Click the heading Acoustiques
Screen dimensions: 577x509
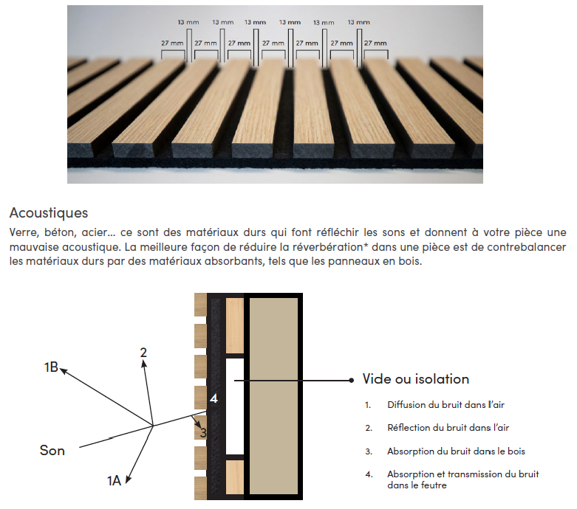coord(49,212)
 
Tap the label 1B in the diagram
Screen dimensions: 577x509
coord(51,367)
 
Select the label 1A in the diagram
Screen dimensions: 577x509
coord(114,481)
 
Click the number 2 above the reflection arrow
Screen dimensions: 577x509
coord(143,353)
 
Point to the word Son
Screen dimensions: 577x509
coord(52,450)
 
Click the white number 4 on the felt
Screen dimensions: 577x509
coord(214,398)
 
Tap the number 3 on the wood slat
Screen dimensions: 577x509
coord(203,432)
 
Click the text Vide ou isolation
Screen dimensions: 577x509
coord(416,379)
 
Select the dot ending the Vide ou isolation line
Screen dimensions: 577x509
coord(352,381)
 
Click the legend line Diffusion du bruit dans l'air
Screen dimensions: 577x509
coord(445,405)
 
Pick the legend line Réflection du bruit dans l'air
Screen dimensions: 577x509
coord(448,428)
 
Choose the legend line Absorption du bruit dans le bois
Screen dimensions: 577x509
coord(456,451)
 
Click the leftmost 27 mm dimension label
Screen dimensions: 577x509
coord(172,43)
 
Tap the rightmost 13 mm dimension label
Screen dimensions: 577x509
coord(359,22)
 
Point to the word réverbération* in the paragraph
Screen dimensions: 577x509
coord(330,247)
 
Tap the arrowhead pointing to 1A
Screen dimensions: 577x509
coord(129,479)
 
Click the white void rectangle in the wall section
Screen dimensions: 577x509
coord(235,406)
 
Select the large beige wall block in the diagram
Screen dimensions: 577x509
coord(273,396)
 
